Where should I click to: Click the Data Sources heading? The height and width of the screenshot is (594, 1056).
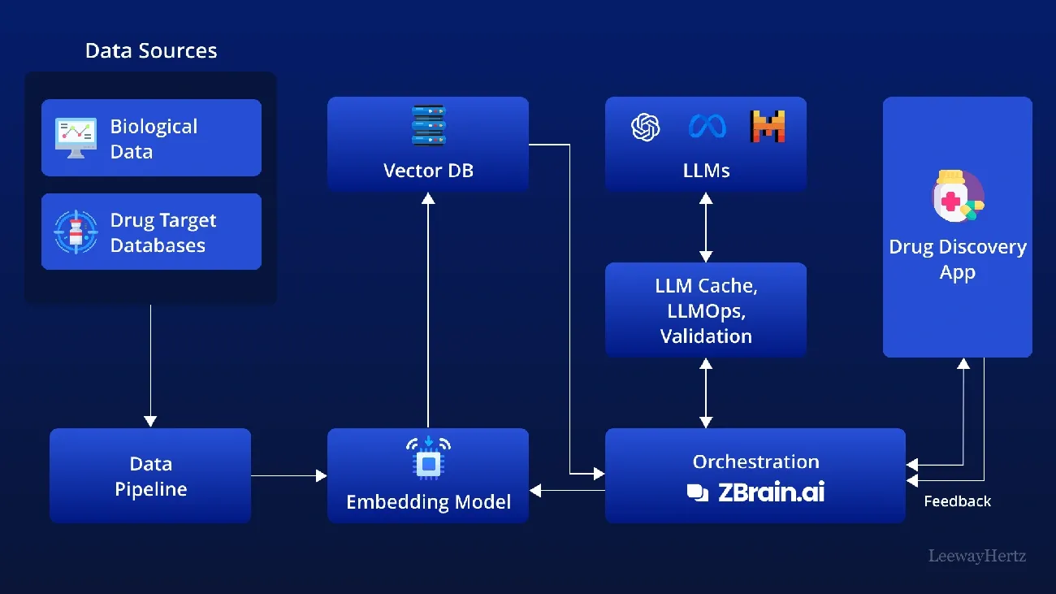click(151, 50)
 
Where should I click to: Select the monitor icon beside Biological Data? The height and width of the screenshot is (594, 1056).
click(76, 137)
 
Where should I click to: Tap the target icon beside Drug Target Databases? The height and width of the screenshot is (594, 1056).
click(76, 232)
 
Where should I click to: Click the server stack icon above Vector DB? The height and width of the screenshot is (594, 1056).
click(428, 126)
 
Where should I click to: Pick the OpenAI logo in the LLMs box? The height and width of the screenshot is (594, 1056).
click(646, 127)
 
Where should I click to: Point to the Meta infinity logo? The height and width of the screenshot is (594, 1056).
click(706, 127)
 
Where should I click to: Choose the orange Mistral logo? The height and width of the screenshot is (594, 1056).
click(767, 127)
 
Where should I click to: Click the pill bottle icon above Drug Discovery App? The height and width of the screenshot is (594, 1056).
click(956, 196)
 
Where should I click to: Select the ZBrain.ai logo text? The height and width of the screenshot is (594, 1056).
click(755, 492)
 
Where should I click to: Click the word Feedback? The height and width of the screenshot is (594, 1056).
click(957, 501)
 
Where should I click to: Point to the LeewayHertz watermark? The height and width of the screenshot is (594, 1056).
click(976, 557)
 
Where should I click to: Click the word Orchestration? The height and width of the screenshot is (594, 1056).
click(755, 462)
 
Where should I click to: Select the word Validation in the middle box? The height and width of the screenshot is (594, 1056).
click(705, 336)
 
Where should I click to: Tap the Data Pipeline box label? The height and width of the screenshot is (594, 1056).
click(150, 476)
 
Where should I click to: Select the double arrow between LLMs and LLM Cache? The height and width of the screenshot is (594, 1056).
click(706, 227)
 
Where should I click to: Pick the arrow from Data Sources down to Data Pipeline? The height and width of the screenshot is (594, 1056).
click(150, 366)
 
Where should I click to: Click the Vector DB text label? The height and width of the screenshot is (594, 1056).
click(428, 171)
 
